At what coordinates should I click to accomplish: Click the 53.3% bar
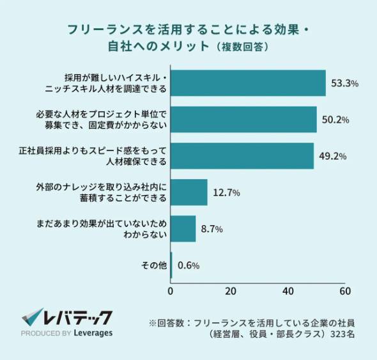point(248,83)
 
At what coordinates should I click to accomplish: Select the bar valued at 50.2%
point(243,120)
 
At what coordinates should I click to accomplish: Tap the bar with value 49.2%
point(242,155)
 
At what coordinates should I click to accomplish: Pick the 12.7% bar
point(189,192)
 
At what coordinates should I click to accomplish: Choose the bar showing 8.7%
point(183,229)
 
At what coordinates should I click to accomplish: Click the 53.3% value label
point(344,84)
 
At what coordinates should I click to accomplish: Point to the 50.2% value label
point(335,120)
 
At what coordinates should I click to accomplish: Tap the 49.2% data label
point(332,156)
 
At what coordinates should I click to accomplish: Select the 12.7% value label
point(227,192)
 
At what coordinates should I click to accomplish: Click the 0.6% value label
point(189,265)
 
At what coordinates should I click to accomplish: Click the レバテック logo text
point(77,317)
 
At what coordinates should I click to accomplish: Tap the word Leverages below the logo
point(93,333)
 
